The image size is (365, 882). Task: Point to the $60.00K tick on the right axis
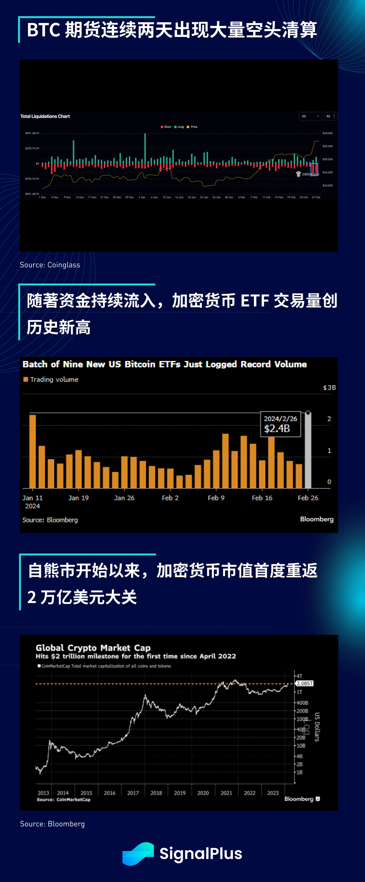point(327,133)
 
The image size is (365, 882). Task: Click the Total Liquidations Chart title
point(45,116)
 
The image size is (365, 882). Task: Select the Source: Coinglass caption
point(50,265)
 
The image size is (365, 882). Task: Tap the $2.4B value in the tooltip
point(277,428)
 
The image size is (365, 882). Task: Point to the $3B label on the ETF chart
point(329,387)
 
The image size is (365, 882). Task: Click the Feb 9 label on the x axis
point(216,498)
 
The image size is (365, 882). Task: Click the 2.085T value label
point(304,683)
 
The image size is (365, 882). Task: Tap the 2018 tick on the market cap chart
point(156,793)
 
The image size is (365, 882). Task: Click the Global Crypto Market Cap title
point(93,648)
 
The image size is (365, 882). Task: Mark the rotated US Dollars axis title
point(317,727)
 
